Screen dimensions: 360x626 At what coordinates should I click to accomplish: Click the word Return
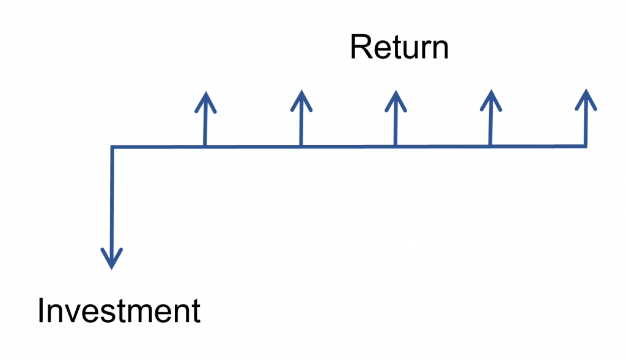click(399, 48)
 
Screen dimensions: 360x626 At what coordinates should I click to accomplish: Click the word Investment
click(119, 311)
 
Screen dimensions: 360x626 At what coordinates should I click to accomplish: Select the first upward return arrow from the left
click(205, 119)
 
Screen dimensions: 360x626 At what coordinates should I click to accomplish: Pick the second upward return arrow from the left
click(301, 119)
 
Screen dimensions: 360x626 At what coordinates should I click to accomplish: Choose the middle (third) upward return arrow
click(396, 119)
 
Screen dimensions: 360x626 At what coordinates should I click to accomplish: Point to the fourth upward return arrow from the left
click(490, 119)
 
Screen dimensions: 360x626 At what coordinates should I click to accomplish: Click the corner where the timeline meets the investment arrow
click(112, 147)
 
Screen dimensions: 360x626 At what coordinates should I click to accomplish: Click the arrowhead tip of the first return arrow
click(206, 93)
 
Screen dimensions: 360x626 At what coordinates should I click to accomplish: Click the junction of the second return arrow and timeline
click(301, 146)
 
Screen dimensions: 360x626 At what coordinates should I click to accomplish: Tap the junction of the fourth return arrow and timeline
click(490, 146)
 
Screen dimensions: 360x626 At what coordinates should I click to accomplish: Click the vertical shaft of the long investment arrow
click(112, 202)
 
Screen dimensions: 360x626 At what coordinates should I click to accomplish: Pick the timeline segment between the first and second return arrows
click(253, 147)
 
